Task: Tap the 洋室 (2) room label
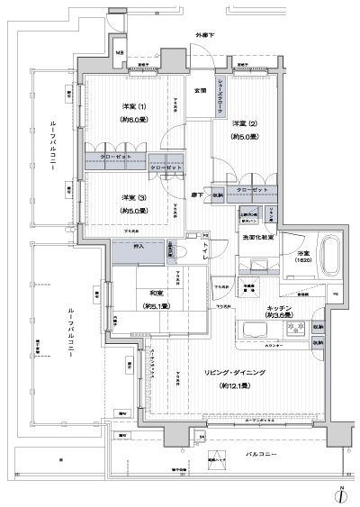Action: tap(244, 122)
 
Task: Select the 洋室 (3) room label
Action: tap(133, 197)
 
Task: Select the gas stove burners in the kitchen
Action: tap(293, 326)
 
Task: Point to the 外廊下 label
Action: tap(203, 36)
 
